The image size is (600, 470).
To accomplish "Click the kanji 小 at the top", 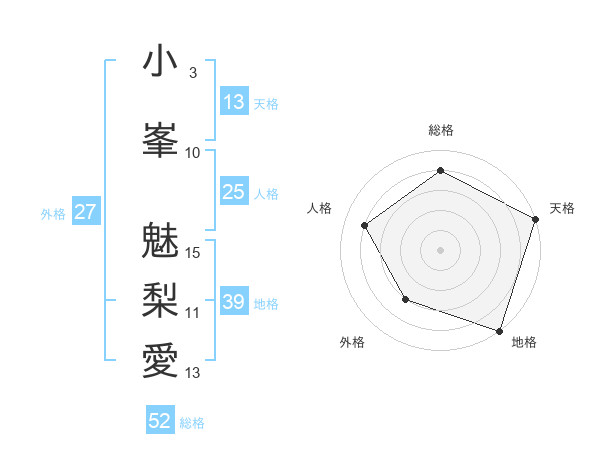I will (161, 61).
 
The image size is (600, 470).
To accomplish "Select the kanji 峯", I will (161, 137).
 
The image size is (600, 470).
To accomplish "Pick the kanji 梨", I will (161, 297).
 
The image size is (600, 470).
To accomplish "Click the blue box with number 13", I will (234, 102).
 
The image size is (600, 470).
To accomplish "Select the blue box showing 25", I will (234, 192).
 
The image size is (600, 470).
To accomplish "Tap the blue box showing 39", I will (234, 302).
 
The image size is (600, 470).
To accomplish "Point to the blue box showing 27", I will (85, 212).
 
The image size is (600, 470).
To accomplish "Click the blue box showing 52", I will (160, 421).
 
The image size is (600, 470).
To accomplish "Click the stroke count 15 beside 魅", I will (193, 252).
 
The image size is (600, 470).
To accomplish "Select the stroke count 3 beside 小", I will (192, 73).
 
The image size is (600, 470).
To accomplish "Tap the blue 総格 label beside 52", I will (192, 423).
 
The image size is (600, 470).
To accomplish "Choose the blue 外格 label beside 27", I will (53, 213).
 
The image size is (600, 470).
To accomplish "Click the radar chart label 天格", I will (562, 208).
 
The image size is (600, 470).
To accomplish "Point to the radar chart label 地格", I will (524, 342).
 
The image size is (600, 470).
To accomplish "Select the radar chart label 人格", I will (320, 208).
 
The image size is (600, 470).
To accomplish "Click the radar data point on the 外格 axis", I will (405, 299).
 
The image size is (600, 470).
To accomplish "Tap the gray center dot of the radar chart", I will (440, 249).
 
